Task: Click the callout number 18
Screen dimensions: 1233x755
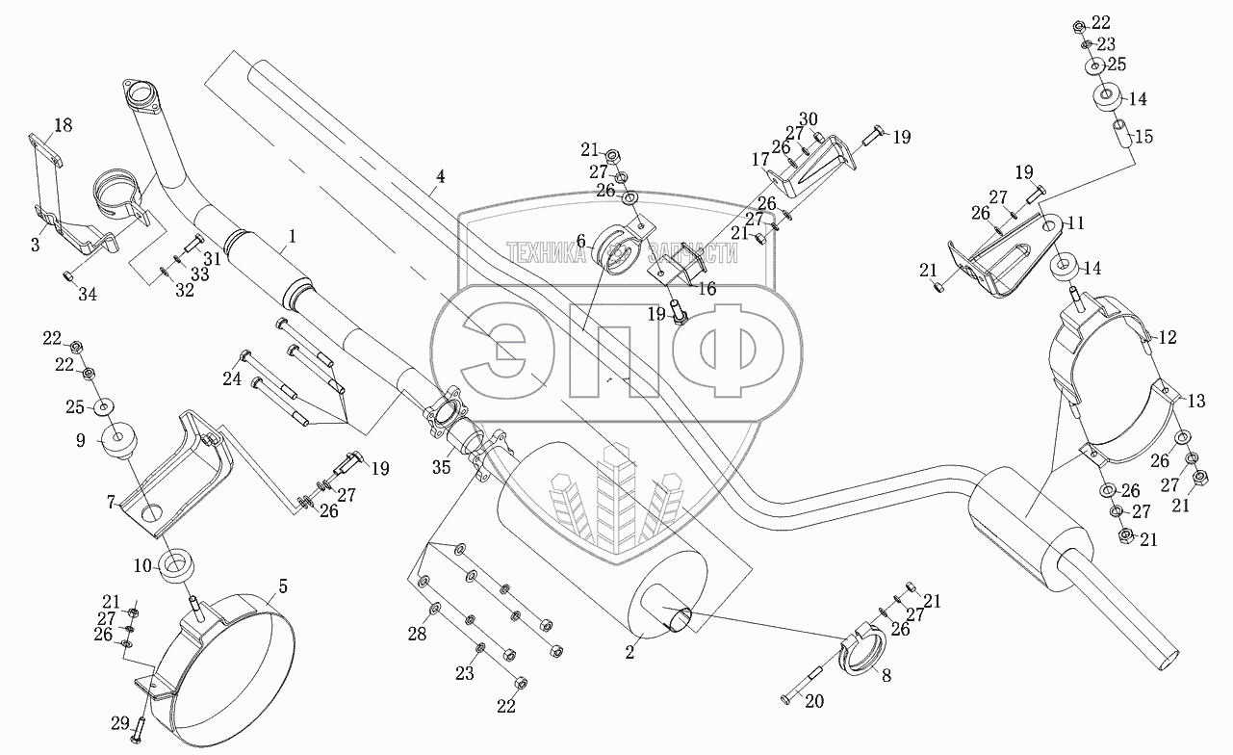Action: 63,125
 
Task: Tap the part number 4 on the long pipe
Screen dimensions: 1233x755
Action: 439,176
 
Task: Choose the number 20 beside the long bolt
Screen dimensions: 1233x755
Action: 813,702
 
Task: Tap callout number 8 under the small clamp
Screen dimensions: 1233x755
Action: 886,676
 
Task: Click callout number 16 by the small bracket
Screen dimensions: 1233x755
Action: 706,288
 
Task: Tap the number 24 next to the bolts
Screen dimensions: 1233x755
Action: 232,379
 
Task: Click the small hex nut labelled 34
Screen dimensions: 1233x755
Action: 68,277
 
